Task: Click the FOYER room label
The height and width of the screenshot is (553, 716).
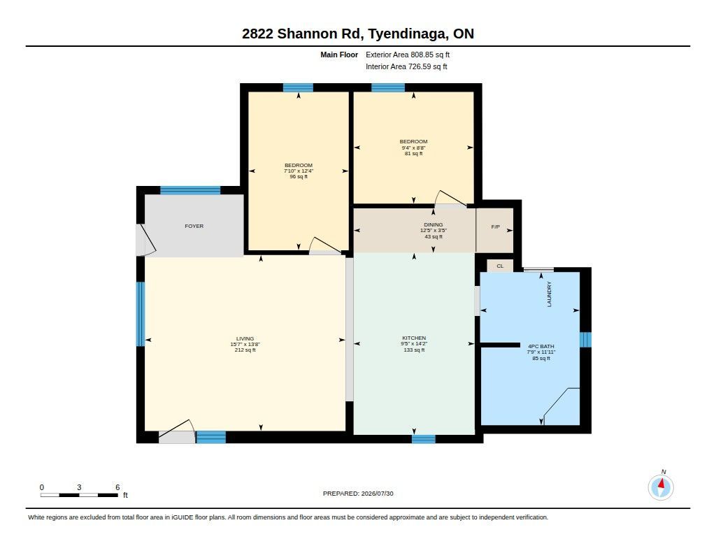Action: tap(194, 226)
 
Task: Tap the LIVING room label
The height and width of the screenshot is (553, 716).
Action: tap(245, 339)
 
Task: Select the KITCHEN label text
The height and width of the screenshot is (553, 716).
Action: tap(414, 338)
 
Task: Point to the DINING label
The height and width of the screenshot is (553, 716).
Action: tap(434, 224)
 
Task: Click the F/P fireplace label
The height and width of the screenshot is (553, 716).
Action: tap(496, 227)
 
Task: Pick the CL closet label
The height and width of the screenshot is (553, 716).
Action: tap(500, 266)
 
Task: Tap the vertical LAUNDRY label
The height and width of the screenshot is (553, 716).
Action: tap(550, 294)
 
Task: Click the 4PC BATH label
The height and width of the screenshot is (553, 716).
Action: tap(541, 346)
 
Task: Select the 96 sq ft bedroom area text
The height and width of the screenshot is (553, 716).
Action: tap(299, 177)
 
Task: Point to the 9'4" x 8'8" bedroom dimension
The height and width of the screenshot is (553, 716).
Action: tap(414, 148)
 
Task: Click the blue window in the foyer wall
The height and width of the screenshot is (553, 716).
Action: tap(190, 190)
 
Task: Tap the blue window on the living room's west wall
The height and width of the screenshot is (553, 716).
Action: tap(141, 314)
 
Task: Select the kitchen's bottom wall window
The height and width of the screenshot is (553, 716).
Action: tap(424, 439)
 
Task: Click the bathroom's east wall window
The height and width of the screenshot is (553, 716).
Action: tap(585, 340)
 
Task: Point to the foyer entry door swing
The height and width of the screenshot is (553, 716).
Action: tap(148, 240)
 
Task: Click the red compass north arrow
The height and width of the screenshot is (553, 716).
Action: tap(661, 484)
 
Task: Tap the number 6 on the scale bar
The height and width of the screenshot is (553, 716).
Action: tap(117, 487)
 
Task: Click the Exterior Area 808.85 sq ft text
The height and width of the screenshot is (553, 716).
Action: tap(408, 55)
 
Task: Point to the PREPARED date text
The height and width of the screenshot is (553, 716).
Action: tap(358, 494)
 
